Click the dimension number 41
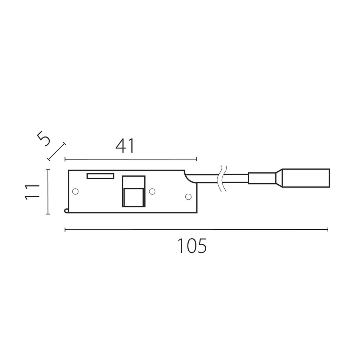point(125,146)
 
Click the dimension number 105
point(192,246)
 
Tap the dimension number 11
point(32,192)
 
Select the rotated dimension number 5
point(44,139)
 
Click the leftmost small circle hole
point(75,191)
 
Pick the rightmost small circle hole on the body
point(188,197)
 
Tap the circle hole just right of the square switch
point(152,191)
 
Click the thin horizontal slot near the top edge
point(100,176)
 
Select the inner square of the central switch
point(134,197)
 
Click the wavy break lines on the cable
point(222,179)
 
